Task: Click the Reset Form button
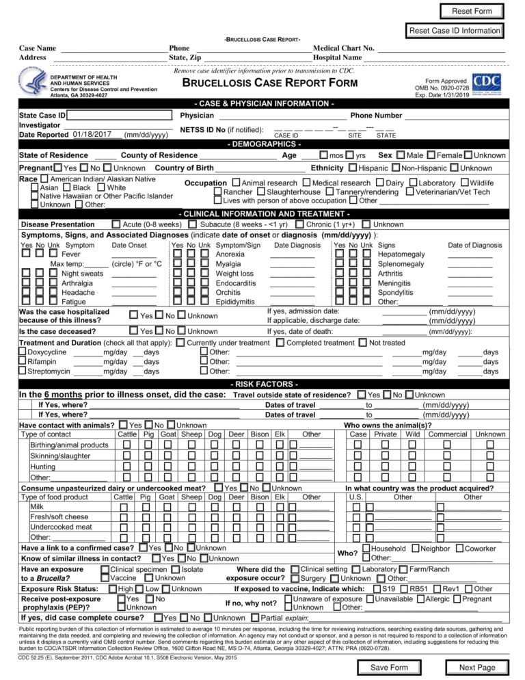(x=472, y=11)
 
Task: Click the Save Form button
(x=388, y=667)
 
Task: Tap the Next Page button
(x=477, y=667)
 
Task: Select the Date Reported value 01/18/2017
(x=96, y=134)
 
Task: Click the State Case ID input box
(x=119, y=116)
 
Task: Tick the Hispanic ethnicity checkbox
(x=353, y=168)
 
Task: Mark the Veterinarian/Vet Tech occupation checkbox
(x=410, y=192)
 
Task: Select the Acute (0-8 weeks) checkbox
(x=116, y=224)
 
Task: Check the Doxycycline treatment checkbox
(x=23, y=352)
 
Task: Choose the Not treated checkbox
(x=363, y=342)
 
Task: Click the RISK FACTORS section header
(x=262, y=384)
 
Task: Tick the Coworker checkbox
(x=459, y=549)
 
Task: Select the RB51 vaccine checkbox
(x=404, y=588)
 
